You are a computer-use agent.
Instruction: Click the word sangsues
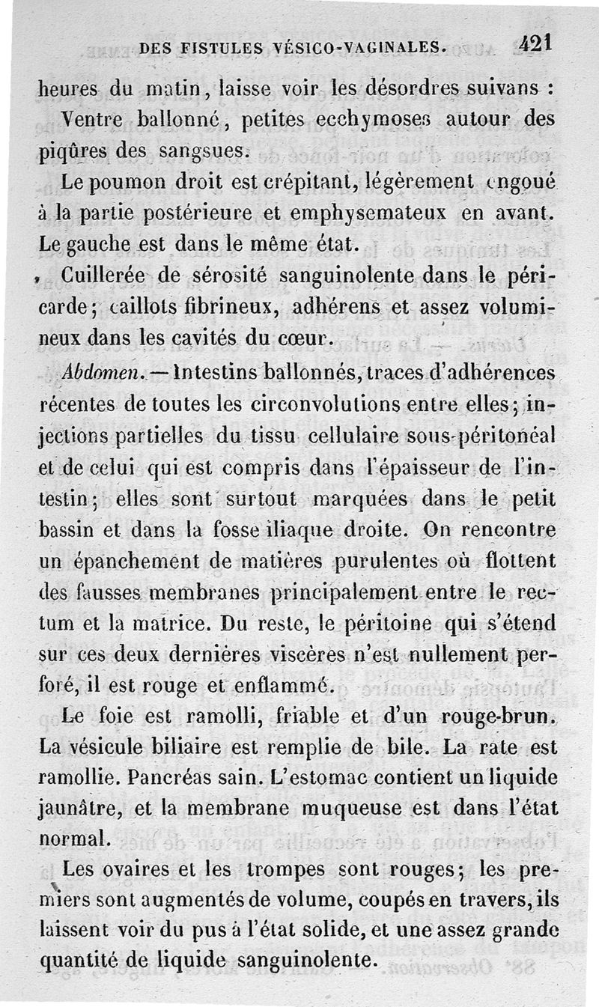pos(199,150)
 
